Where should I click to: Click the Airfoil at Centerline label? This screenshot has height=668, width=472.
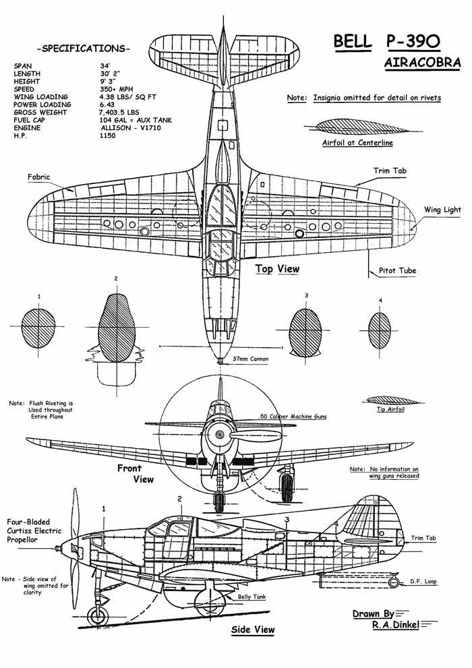pos(357,143)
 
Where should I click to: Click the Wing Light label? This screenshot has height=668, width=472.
pos(442,210)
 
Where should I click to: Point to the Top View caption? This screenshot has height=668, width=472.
pos(277,269)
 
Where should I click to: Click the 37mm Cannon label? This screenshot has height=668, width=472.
pos(250,359)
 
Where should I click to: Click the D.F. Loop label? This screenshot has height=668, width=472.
pos(424,581)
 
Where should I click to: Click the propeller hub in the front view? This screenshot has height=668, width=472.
pos(220,436)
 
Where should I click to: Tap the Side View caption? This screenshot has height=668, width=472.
pos(253,630)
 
